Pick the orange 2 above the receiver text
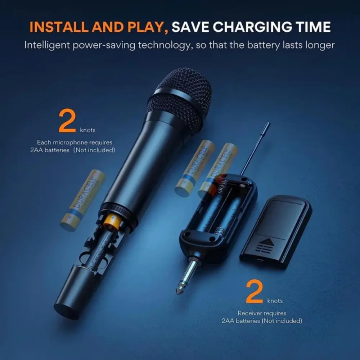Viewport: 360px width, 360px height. (255, 292)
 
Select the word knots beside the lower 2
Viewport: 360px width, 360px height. (275, 301)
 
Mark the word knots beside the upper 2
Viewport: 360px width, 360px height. (88, 130)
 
